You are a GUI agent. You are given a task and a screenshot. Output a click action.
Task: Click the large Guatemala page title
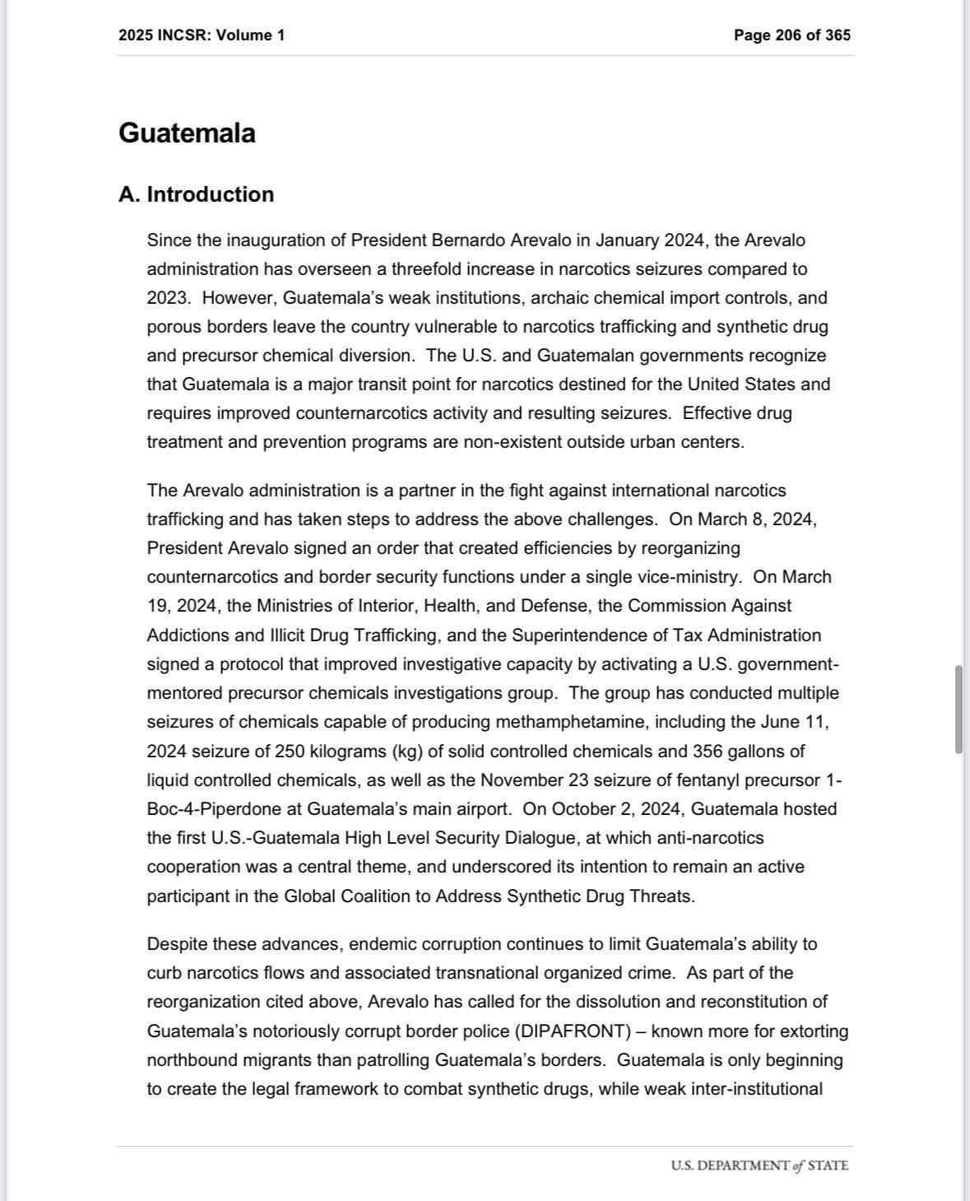(x=187, y=133)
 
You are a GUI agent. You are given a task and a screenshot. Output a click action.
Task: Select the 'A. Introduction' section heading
(x=196, y=194)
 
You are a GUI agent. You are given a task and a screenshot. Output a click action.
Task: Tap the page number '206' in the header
(x=788, y=35)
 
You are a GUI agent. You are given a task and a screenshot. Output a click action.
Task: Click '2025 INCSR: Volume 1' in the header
(x=202, y=35)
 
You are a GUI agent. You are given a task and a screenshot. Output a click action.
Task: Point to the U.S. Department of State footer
(x=759, y=1166)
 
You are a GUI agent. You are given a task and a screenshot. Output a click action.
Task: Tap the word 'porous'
(x=174, y=327)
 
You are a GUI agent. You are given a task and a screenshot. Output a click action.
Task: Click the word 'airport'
(x=483, y=809)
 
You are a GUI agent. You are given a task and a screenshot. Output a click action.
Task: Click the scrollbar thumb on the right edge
(x=958, y=710)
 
